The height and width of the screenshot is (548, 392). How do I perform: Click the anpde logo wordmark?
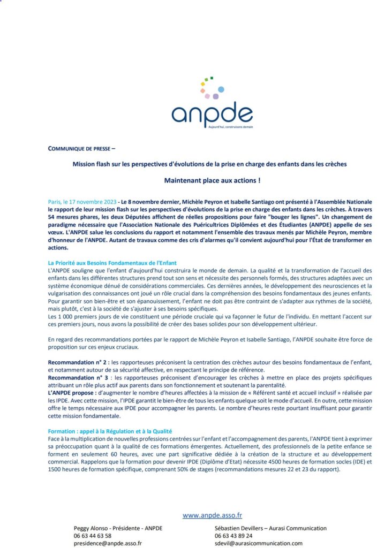pyautogui.click(x=212, y=113)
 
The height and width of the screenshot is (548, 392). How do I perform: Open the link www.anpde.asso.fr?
pyautogui.click(x=212, y=515)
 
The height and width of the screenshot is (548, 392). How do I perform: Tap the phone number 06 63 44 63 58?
pyautogui.click(x=93, y=536)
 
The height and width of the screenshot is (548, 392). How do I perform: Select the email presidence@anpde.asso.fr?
pyautogui.click(x=108, y=543)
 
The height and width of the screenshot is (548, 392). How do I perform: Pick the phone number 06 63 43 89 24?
pyautogui.click(x=233, y=536)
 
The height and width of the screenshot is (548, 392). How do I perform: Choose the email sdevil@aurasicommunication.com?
pyautogui.click(x=258, y=543)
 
